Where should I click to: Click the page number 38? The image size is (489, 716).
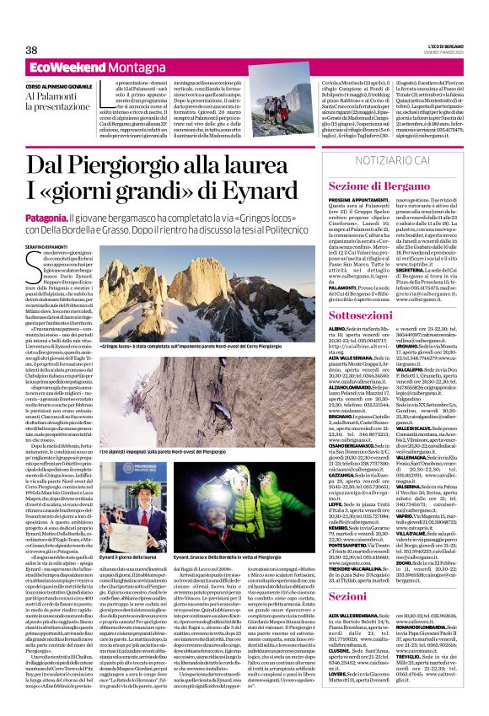pyautogui.click(x=31, y=50)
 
